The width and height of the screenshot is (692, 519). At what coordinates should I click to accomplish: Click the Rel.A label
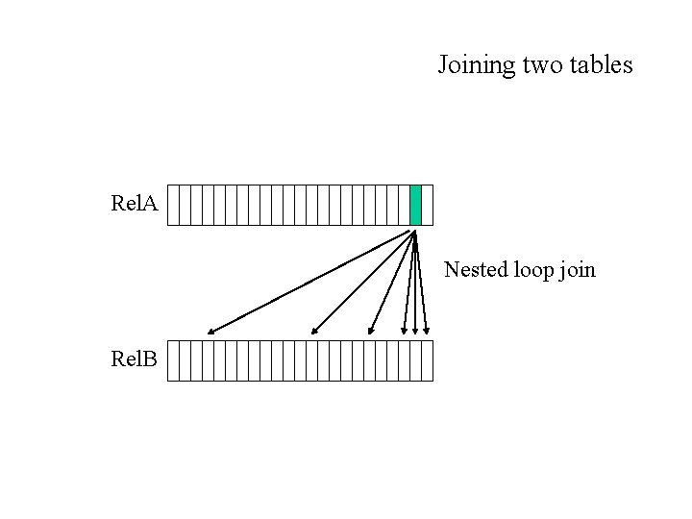(x=135, y=204)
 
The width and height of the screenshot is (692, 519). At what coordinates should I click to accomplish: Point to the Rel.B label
(x=135, y=360)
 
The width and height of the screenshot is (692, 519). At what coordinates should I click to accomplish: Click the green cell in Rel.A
(x=416, y=205)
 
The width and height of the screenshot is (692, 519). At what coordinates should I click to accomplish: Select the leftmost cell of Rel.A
(x=174, y=205)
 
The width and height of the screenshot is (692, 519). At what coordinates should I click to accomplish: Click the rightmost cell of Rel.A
(x=428, y=205)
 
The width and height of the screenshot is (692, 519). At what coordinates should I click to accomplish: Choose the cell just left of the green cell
(x=405, y=205)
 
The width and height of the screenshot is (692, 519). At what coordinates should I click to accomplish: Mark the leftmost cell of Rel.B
(x=174, y=360)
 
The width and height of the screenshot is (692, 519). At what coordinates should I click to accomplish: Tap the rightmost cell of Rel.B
(x=428, y=360)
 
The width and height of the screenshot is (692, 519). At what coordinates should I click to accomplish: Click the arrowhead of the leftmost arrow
(x=210, y=333)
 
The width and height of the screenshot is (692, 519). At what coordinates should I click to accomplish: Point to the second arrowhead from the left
(x=311, y=333)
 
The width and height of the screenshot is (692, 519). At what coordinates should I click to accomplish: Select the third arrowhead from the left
(x=371, y=333)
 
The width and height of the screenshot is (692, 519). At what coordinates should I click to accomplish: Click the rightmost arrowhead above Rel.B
(x=426, y=332)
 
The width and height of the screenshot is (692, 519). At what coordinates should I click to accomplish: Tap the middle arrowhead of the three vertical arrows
(x=415, y=332)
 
